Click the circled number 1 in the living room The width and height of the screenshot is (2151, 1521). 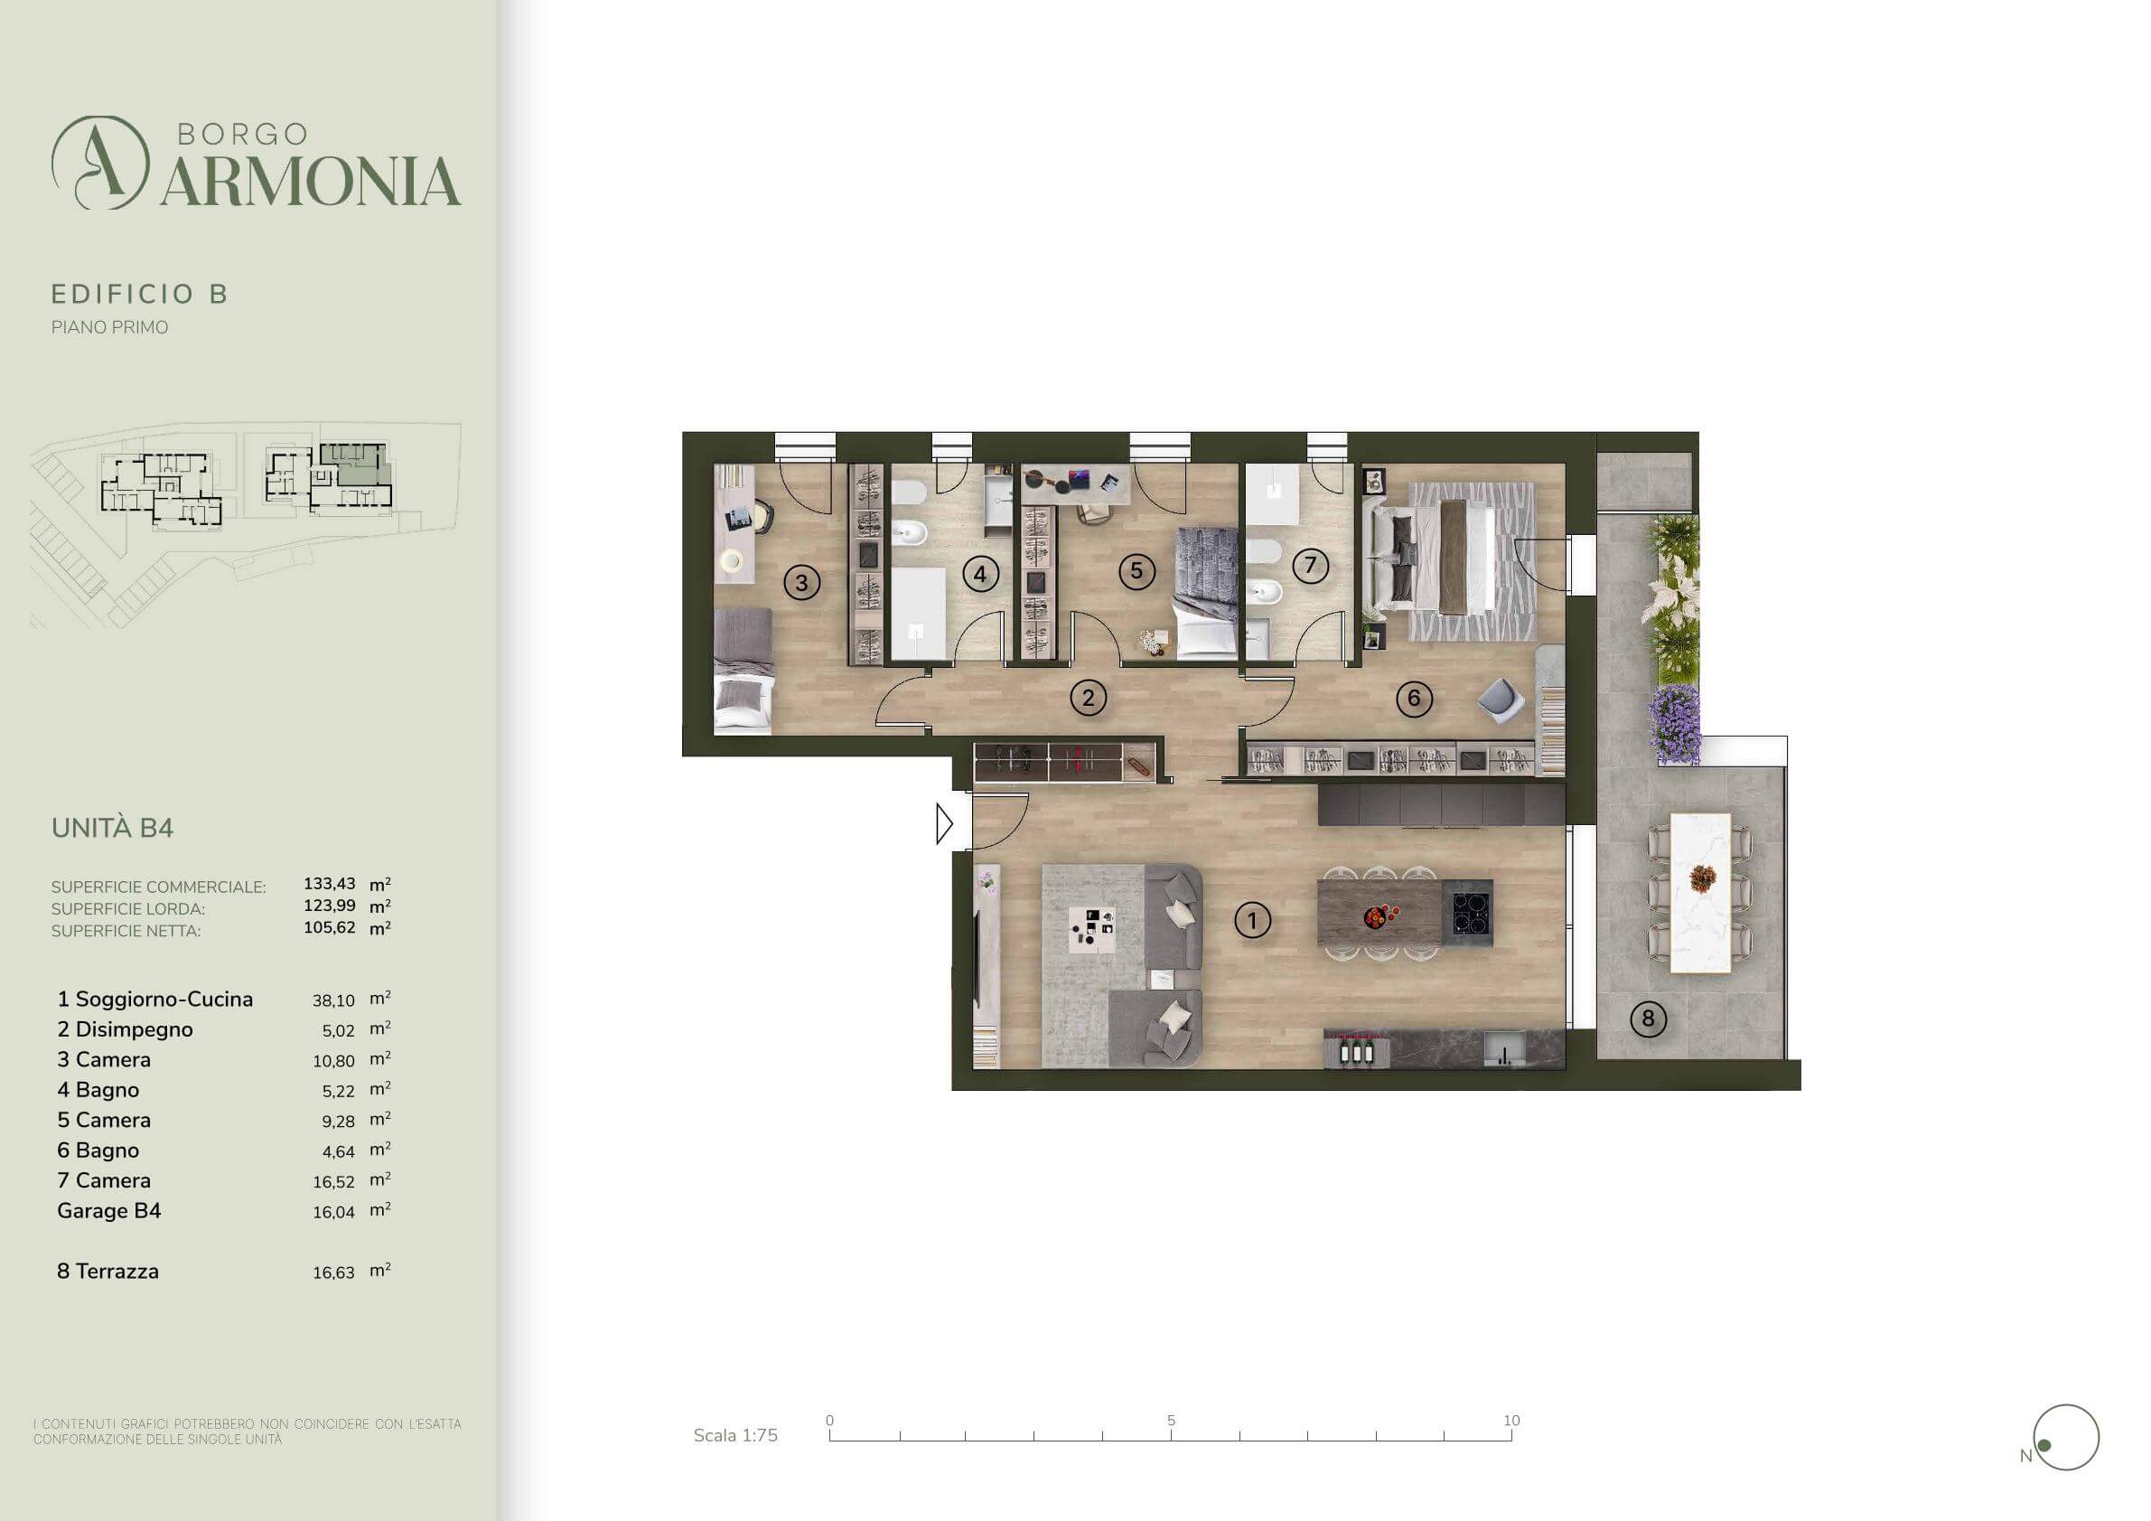coord(1251,920)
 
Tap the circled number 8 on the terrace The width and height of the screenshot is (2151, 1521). coord(1648,1019)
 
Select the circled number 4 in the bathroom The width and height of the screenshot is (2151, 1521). coord(980,574)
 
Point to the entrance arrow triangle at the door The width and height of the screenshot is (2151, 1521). coord(944,823)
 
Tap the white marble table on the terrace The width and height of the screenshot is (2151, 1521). coord(1699,893)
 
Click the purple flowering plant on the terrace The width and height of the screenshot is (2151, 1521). coord(1675,724)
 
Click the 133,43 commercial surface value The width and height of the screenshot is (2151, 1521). coord(329,884)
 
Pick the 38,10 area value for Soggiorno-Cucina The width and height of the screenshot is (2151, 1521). coord(333,1000)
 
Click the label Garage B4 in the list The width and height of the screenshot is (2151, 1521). coord(108,1211)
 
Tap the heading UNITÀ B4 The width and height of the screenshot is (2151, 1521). coord(112,829)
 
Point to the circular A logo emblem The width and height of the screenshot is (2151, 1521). coord(100,162)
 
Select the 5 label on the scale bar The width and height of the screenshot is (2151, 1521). coord(1171,1421)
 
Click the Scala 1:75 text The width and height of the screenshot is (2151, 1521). coord(735,1436)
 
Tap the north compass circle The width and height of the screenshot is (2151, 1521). coord(2066,1438)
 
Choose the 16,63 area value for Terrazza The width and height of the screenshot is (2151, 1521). coord(333,1272)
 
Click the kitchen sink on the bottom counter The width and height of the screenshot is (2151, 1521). coord(1503,1050)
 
